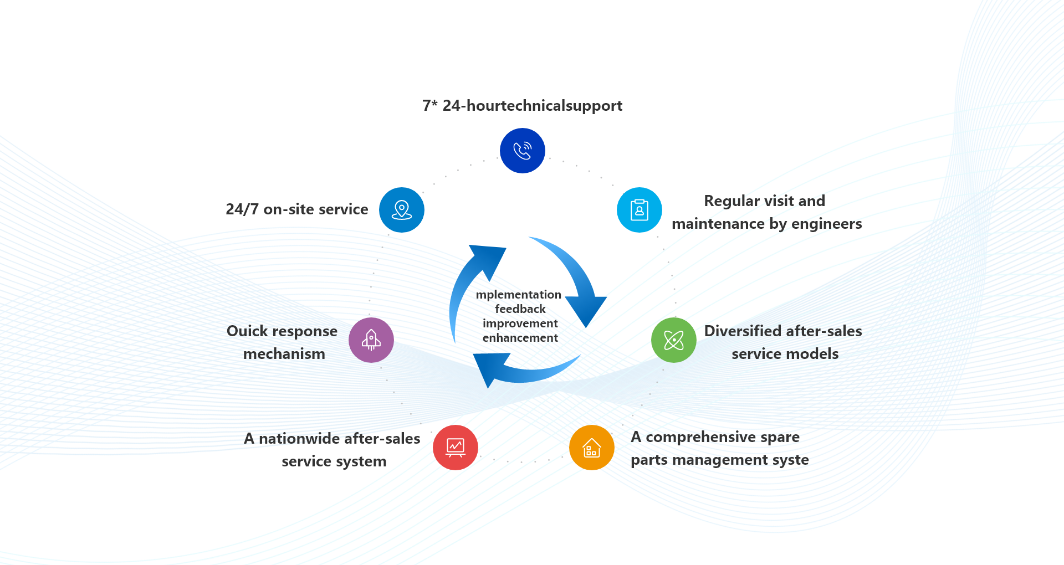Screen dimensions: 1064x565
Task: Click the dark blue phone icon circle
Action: (x=523, y=151)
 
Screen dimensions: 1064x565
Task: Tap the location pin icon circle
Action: (x=402, y=210)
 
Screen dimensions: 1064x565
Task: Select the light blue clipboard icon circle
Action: (x=640, y=210)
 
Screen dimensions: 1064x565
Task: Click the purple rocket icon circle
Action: (x=371, y=340)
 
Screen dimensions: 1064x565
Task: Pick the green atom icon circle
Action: (x=674, y=340)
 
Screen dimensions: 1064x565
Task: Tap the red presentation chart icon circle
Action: (x=456, y=448)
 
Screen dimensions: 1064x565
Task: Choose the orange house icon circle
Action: (x=592, y=448)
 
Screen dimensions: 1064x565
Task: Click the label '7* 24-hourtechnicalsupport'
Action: (x=522, y=105)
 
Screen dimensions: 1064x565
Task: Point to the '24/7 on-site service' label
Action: (x=297, y=209)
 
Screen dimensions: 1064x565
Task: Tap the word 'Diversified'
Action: (x=743, y=331)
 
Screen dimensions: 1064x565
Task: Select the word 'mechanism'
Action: (x=284, y=353)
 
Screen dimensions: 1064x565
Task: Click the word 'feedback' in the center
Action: (x=520, y=309)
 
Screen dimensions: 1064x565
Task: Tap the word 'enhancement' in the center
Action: (x=520, y=337)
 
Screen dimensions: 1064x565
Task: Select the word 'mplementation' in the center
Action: (x=519, y=295)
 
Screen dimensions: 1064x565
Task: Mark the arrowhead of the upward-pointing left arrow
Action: (x=489, y=260)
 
